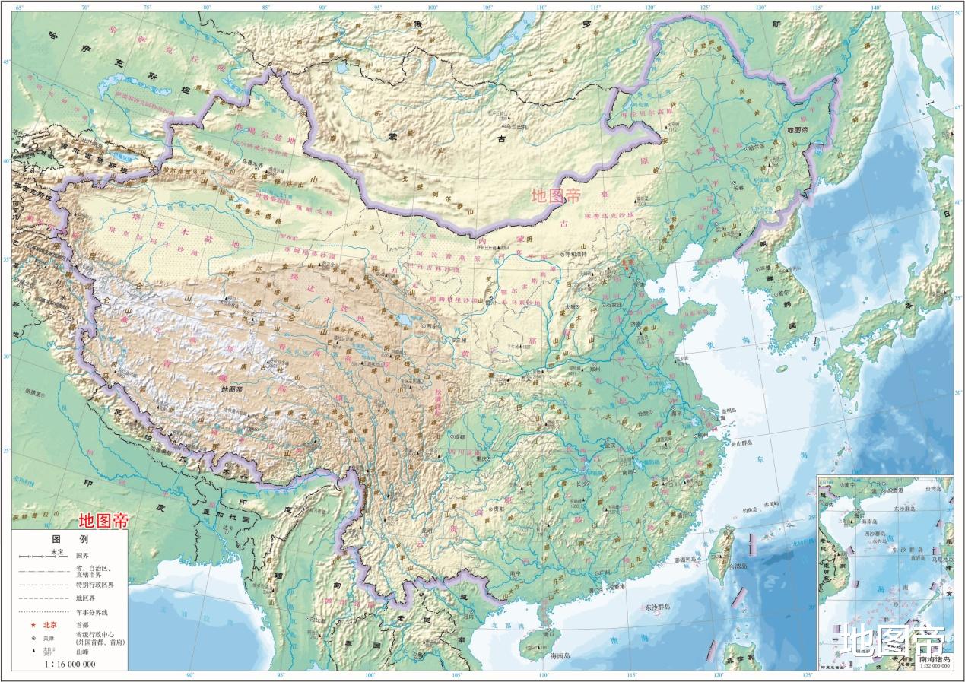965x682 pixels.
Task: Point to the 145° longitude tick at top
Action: pyautogui.click(x=936, y=8)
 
